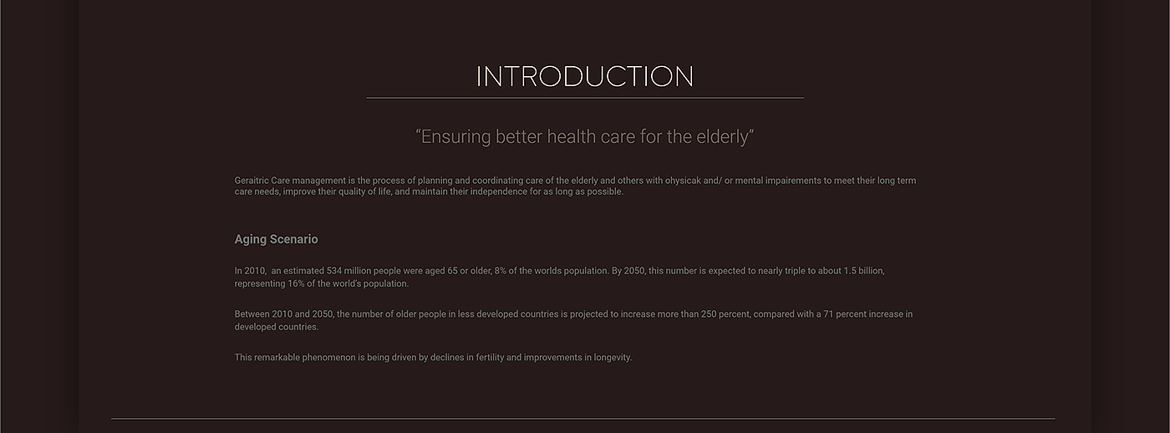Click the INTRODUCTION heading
pos(584,76)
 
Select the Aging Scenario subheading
pos(276,239)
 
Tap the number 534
pos(334,271)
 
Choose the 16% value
pos(296,283)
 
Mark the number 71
pos(828,314)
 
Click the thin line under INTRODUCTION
pos(585,98)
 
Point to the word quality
pos(353,191)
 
